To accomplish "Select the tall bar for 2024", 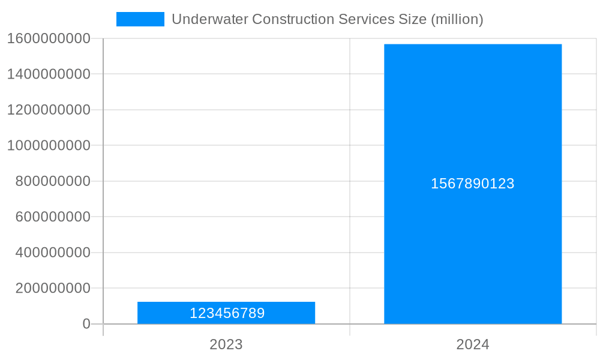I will (473, 120).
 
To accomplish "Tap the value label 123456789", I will (227, 313).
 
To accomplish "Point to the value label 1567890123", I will (473, 184).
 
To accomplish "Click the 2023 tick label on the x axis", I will (226, 344).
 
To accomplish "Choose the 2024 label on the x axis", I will (473, 344).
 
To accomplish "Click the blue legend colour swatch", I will (140, 19).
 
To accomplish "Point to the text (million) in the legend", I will (457, 19).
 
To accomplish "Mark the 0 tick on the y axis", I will (86, 324).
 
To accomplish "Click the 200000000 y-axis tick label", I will (53, 288).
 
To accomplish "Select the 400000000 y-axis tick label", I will (53, 253).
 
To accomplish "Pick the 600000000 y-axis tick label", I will (53, 217).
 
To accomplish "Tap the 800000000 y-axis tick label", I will (53, 181).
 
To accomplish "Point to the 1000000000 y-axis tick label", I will (49, 145).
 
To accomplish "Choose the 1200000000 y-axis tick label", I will (49, 110).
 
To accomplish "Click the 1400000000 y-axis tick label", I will (49, 74).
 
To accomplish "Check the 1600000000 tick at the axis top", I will (49, 38).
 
